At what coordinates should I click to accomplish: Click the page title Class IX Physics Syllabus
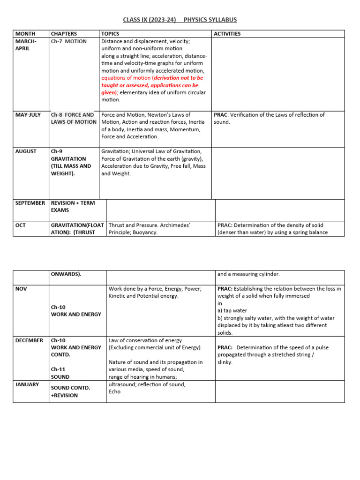click(x=180, y=20)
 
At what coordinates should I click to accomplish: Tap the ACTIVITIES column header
click(x=227, y=34)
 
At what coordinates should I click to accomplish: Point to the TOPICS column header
click(x=110, y=34)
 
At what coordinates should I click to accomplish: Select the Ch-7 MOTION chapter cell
click(x=69, y=41)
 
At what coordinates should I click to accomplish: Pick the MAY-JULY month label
click(x=28, y=115)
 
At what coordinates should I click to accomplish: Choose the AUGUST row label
click(x=26, y=151)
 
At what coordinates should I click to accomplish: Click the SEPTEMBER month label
click(x=30, y=203)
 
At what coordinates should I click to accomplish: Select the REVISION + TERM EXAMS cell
click(x=73, y=207)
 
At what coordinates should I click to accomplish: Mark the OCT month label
click(x=21, y=225)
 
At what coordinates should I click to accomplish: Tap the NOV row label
click(x=22, y=289)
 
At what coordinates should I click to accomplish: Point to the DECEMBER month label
click(x=29, y=340)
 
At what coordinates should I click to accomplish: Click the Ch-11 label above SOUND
click(x=58, y=369)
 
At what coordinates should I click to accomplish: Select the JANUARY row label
click(x=27, y=384)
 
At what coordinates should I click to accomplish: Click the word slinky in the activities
click(x=225, y=362)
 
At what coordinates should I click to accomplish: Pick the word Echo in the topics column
click(x=114, y=391)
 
